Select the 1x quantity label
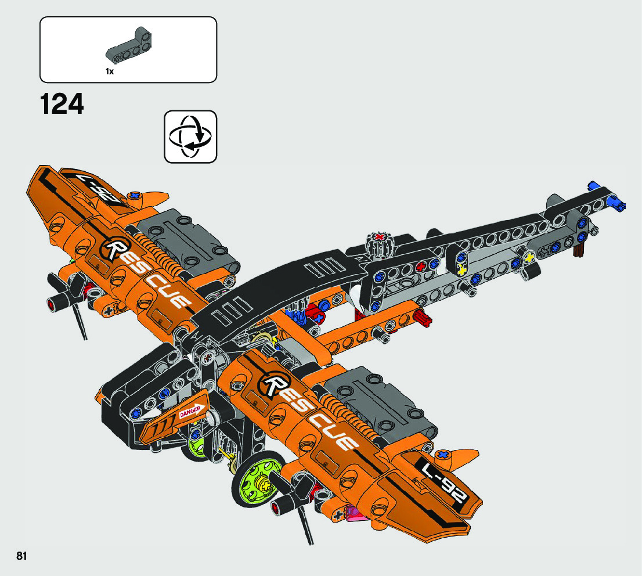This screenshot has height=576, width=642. tap(109, 71)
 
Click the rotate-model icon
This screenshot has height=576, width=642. tap(190, 136)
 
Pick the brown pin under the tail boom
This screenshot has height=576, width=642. tap(579, 250)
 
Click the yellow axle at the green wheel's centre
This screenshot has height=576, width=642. tap(264, 483)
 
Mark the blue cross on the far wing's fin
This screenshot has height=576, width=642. tap(135, 196)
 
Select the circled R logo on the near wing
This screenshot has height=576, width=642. tap(275, 384)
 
